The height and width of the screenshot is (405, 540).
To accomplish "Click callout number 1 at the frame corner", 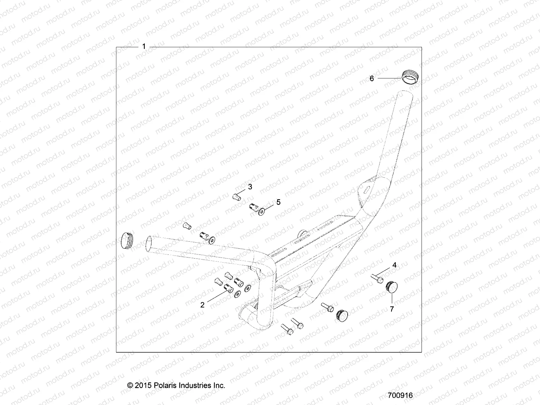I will (144, 47).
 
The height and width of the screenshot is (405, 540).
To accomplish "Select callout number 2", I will (202, 305).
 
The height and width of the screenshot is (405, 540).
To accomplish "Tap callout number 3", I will (250, 187).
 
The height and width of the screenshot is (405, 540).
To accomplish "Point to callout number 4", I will (394, 265).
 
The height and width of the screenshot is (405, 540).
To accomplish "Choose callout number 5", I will (278, 202).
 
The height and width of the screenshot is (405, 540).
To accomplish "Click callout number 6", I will (372, 78).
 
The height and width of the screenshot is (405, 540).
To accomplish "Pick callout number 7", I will (392, 308).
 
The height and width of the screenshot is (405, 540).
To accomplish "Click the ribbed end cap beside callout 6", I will (408, 76).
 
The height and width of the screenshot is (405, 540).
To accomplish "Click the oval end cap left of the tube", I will (127, 241).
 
